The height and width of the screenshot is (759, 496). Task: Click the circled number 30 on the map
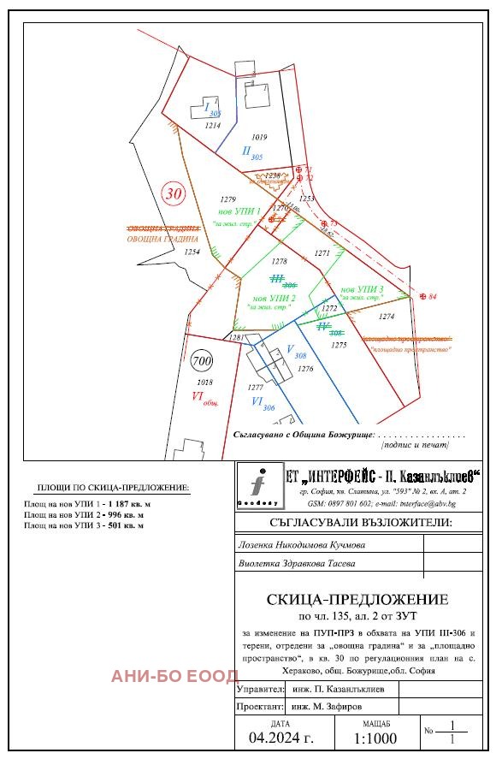[x=174, y=193]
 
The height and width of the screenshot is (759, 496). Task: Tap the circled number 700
[x=202, y=359]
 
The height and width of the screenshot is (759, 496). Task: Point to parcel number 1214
[x=213, y=125]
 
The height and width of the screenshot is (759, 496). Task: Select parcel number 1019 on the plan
[x=259, y=137]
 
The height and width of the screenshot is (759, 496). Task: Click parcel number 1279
[x=227, y=199]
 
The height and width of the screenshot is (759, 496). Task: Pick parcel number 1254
[x=192, y=252]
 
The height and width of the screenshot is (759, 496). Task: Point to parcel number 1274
[x=387, y=317]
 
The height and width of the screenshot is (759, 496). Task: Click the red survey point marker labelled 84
[x=423, y=296]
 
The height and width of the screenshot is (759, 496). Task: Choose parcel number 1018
[x=204, y=382]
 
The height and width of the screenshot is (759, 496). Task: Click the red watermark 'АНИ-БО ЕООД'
[x=174, y=676]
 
